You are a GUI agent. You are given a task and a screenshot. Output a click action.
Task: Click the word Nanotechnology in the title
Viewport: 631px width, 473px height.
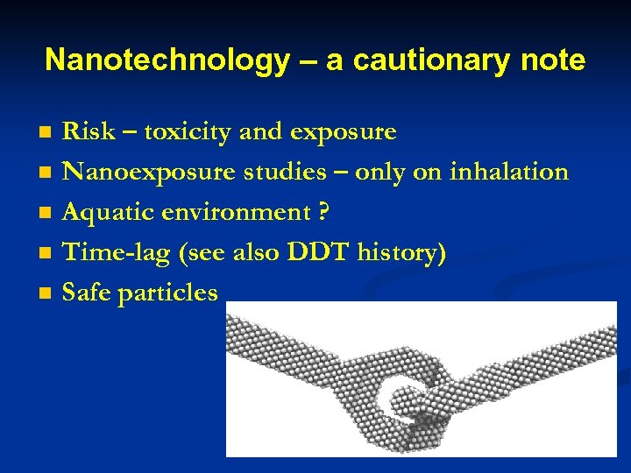[x=167, y=60]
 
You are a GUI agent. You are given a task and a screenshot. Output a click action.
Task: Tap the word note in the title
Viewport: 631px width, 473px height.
[x=549, y=60]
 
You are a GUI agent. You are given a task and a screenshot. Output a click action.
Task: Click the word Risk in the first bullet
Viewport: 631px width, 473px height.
[x=89, y=132]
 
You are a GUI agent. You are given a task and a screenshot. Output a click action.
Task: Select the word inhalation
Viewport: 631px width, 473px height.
[x=508, y=172]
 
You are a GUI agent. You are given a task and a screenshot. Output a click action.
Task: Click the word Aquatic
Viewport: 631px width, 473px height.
[x=107, y=213]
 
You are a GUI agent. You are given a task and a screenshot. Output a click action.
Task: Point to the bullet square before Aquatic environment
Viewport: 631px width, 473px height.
[x=47, y=214]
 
